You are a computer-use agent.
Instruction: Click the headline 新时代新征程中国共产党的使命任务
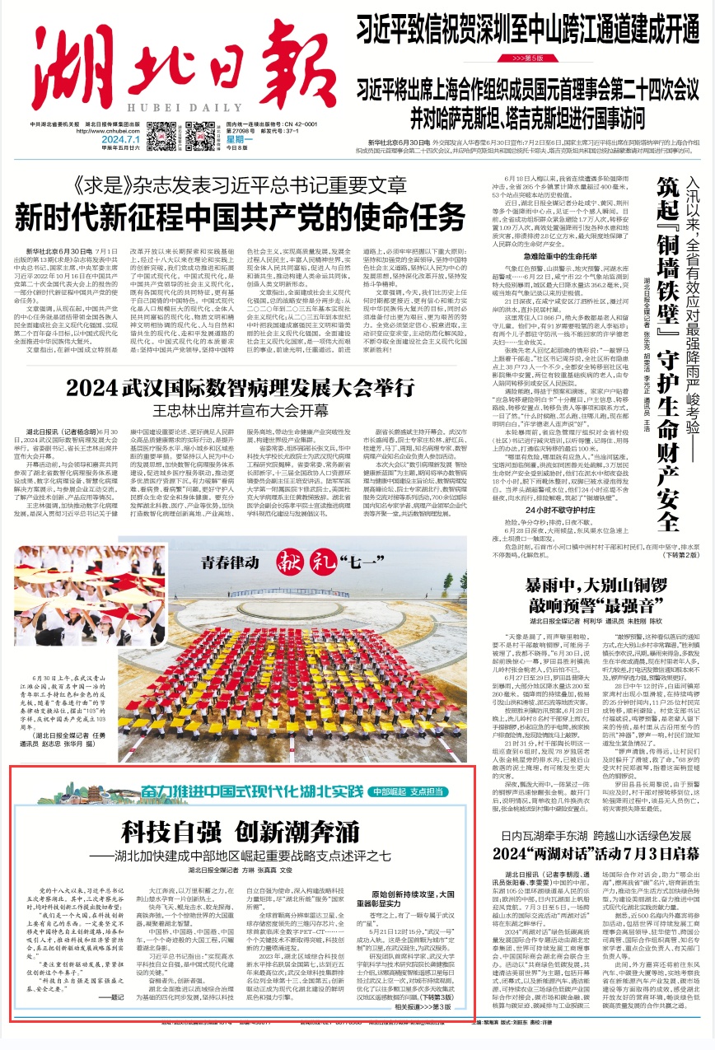coord(233,198)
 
